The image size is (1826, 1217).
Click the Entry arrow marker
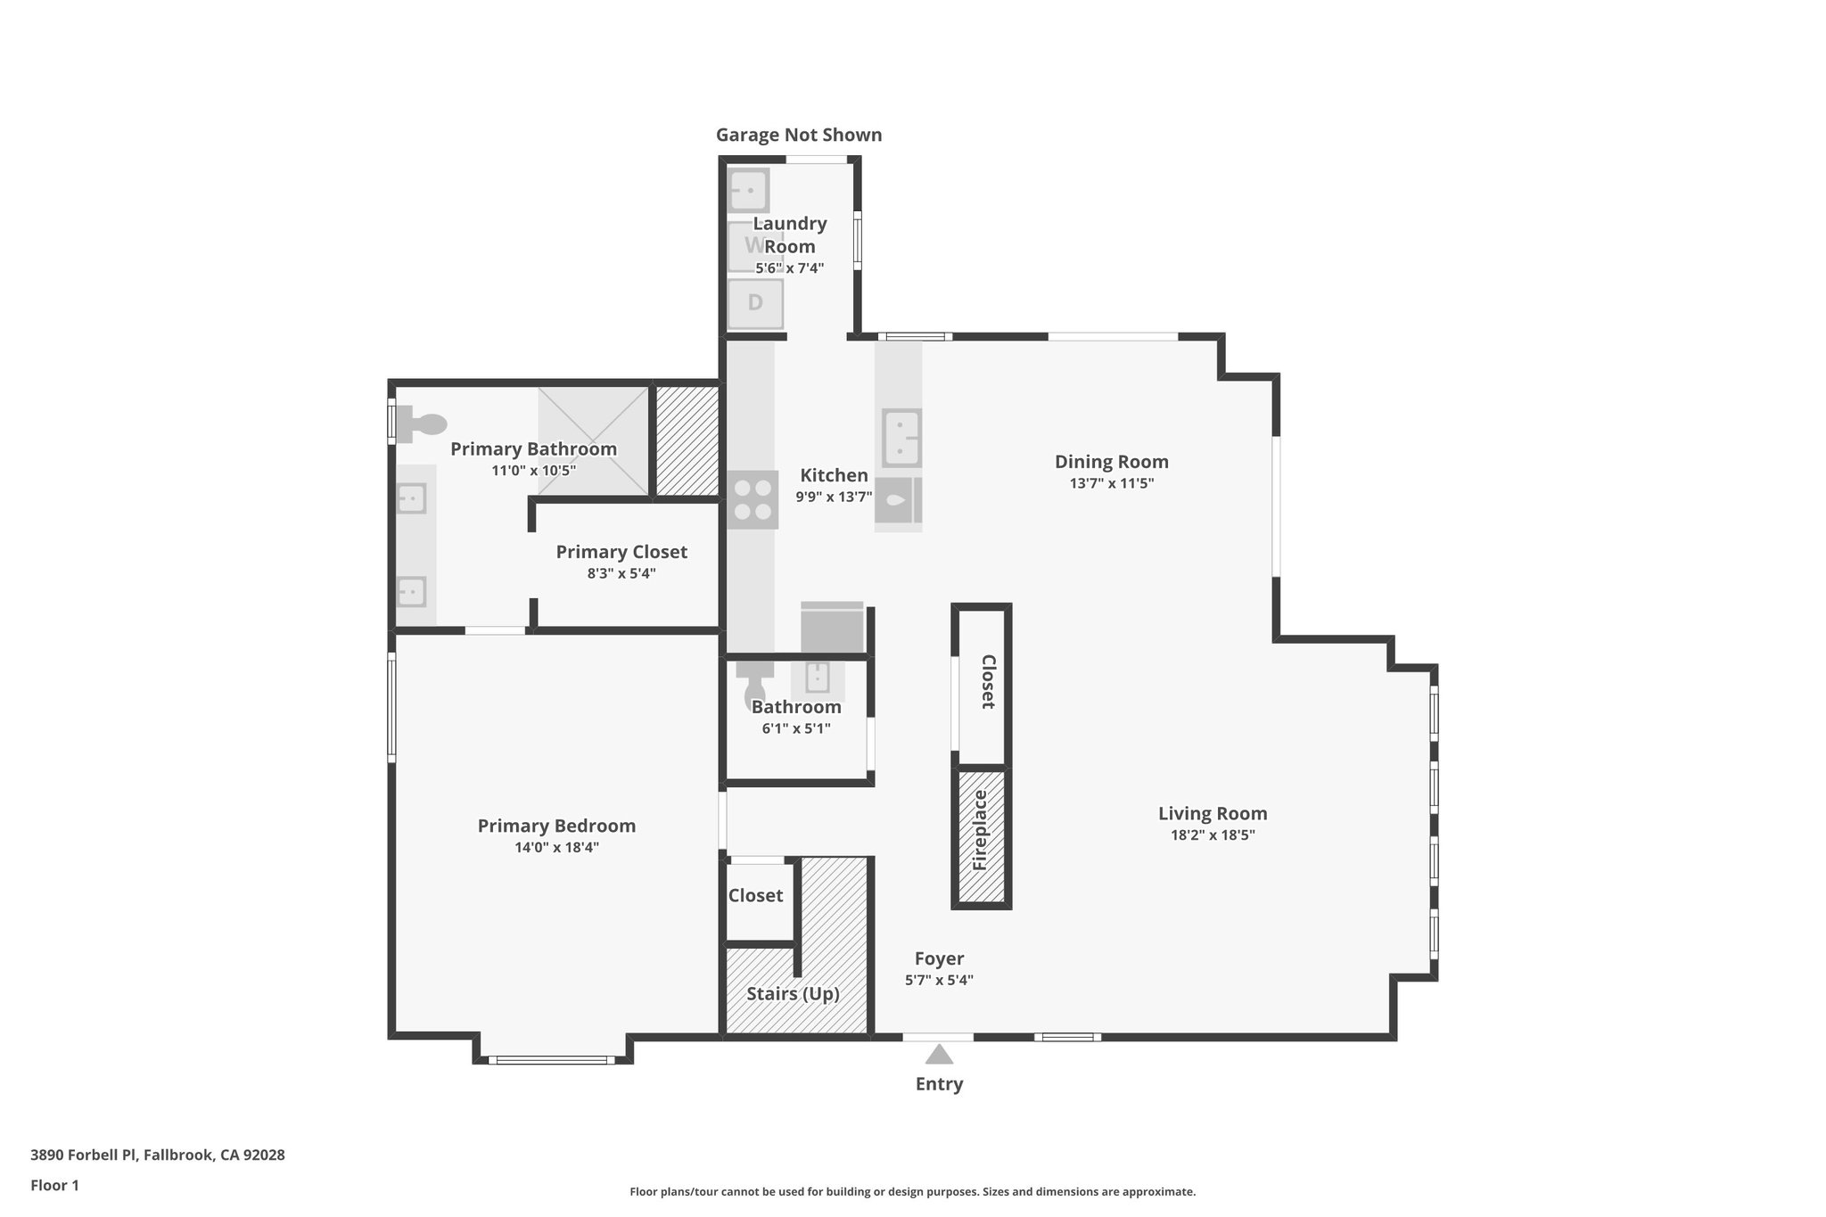coord(939,1055)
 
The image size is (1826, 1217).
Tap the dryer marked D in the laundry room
coord(755,303)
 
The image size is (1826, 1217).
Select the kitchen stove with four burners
coord(753,500)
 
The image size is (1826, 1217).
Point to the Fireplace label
coord(981,830)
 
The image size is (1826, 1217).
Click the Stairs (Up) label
coord(793,993)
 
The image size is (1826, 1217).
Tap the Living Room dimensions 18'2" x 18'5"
coord(1213,835)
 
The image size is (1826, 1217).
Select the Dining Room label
coord(1111,462)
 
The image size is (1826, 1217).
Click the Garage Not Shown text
coord(799,136)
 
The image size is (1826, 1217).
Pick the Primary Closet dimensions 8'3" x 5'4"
coord(621,573)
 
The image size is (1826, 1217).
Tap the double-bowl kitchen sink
coord(901,438)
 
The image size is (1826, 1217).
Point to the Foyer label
coord(939,958)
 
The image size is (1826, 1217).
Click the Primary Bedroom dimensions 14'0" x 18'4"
coord(556,848)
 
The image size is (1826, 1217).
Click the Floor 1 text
coord(54,1186)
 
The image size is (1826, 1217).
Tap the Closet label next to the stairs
coord(755,895)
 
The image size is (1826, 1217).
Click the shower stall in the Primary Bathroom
coord(593,440)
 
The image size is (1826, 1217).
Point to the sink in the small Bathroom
coord(818,677)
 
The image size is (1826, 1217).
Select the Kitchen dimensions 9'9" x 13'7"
coord(834,497)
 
